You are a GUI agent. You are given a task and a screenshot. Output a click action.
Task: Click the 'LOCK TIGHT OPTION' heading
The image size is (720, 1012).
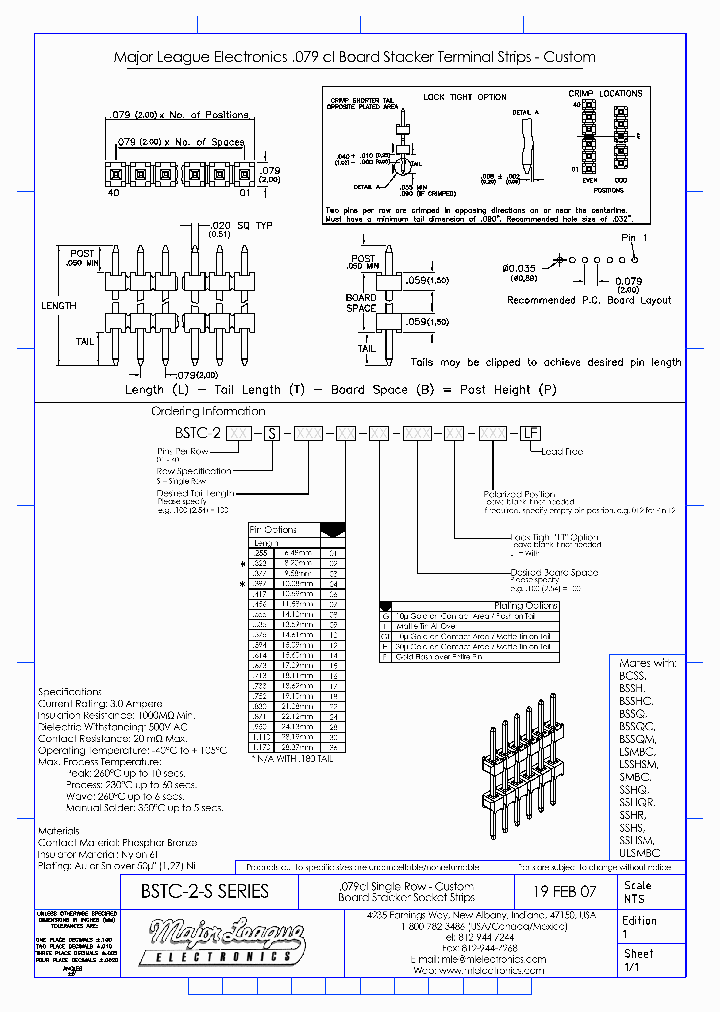pyautogui.click(x=464, y=97)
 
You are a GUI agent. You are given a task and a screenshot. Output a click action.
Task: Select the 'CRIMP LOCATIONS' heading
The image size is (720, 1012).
pyautogui.click(x=606, y=93)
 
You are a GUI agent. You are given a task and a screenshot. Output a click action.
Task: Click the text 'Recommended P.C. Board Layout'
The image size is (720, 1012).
pyautogui.click(x=589, y=300)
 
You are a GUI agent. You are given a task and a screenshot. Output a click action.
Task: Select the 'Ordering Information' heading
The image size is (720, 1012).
pyautogui.click(x=208, y=411)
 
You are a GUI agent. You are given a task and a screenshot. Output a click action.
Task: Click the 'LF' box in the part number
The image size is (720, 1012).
pyautogui.click(x=530, y=432)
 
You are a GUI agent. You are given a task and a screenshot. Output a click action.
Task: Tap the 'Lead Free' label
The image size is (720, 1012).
pyautogui.click(x=561, y=452)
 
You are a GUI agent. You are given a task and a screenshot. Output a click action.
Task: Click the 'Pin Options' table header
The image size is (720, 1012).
pyautogui.click(x=272, y=529)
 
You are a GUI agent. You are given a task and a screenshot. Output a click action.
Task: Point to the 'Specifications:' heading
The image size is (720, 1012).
pyautogui.click(x=70, y=692)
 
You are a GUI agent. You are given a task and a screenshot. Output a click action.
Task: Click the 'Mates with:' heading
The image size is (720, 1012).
pyautogui.click(x=648, y=663)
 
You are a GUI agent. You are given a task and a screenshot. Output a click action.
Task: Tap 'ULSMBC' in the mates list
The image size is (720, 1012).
pyautogui.click(x=640, y=853)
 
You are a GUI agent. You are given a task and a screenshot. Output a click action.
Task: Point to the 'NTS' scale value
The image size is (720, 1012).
pyautogui.click(x=634, y=898)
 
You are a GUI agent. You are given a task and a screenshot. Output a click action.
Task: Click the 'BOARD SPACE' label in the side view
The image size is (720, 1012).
pyautogui.click(x=361, y=303)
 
